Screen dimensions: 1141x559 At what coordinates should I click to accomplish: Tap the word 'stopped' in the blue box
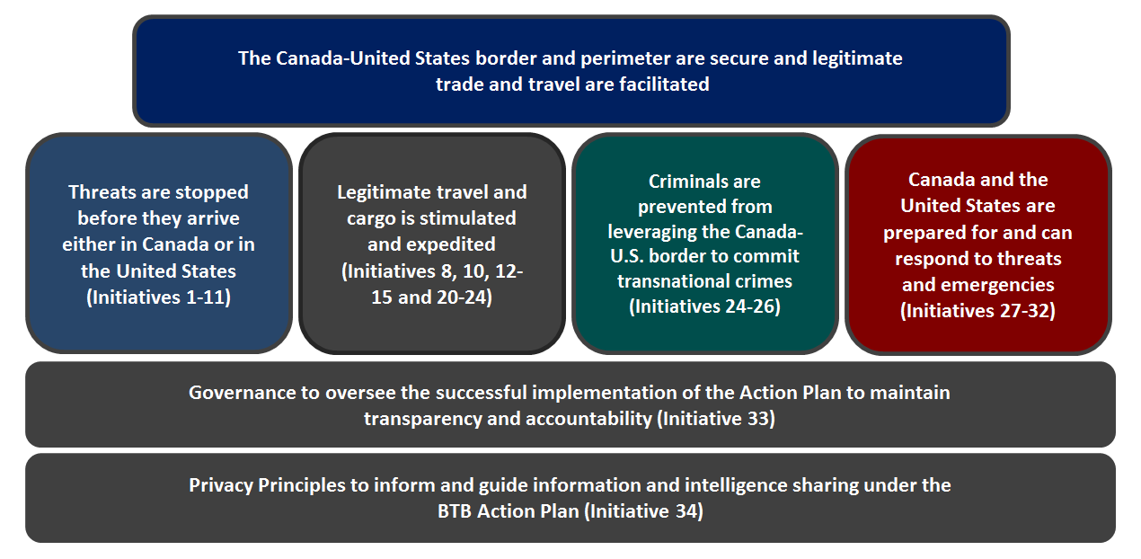coord(211,193)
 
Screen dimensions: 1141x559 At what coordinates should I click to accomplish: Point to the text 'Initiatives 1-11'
coord(159,297)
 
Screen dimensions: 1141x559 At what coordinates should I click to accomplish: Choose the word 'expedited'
coord(450,244)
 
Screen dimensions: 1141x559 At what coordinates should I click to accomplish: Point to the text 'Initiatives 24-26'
coord(705,306)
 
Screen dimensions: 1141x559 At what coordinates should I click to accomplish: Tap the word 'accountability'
coord(588,419)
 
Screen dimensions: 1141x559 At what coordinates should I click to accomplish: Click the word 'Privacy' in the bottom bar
coord(221,485)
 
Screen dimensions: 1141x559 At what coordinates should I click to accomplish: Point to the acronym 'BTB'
coord(455,511)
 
